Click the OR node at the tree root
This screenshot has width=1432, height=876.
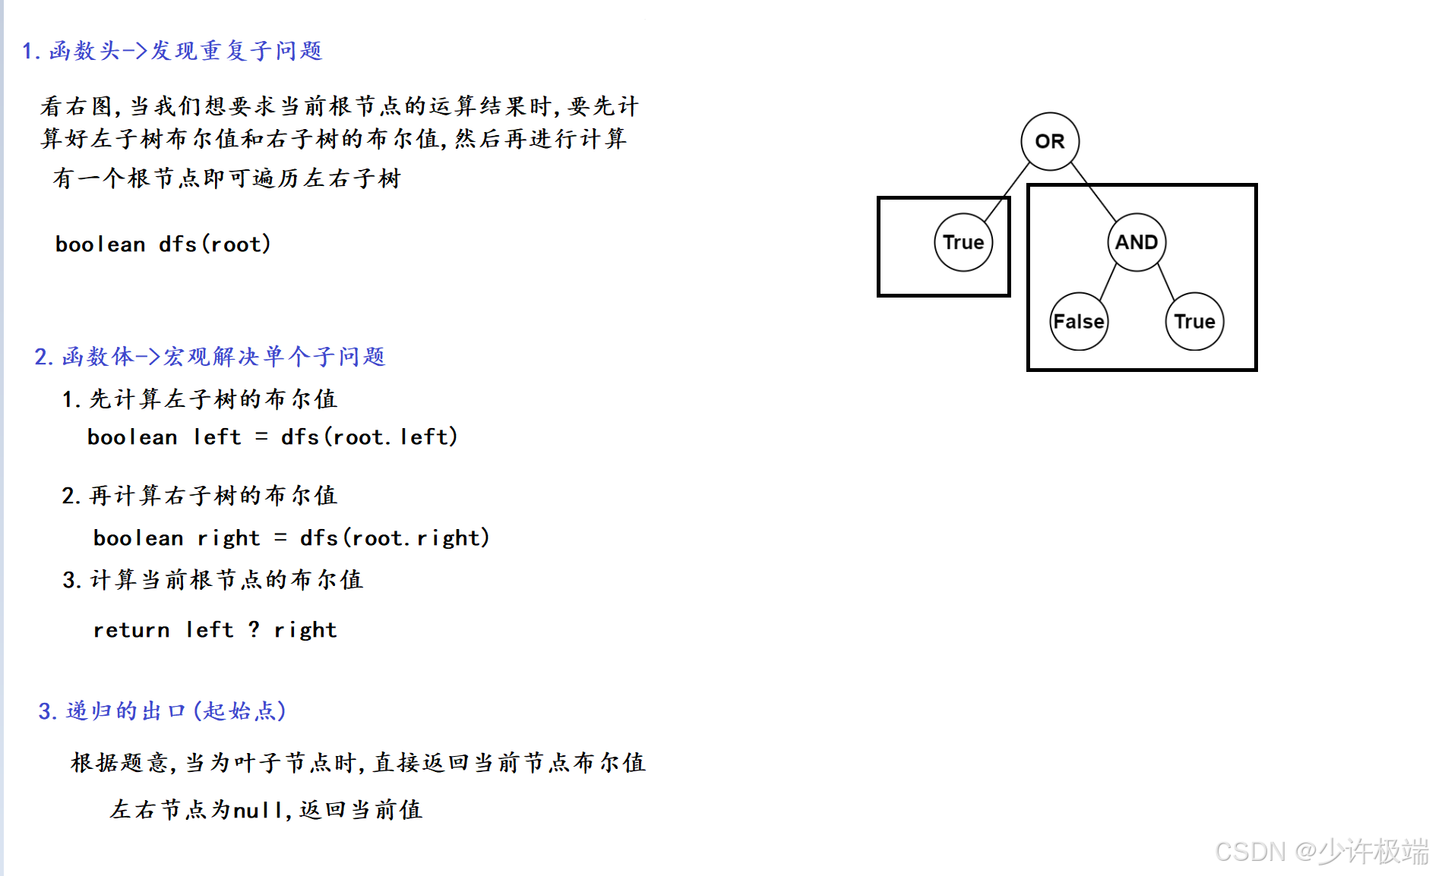[1050, 141]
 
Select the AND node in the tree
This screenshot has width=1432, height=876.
[1136, 242]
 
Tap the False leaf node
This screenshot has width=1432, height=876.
[1079, 321]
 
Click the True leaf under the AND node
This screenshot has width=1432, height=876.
[1194, 321]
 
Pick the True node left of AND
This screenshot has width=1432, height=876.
[963, 242]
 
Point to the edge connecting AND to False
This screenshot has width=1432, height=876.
[1108, 282]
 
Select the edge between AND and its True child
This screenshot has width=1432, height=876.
[1167, 282]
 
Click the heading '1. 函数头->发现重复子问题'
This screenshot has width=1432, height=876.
[172, 51]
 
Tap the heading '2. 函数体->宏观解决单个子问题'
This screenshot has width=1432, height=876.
[210, 357]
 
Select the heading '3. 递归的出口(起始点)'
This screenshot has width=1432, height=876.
[162, 711]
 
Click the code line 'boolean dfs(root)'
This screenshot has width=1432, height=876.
[163, 244]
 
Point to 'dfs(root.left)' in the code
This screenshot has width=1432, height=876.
[369, 437]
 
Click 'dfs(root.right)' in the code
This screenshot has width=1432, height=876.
[394, 538]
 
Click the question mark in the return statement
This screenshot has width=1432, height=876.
[254, 629]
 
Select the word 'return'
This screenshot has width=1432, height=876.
[131, 630]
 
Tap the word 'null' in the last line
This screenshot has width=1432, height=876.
[258, 811]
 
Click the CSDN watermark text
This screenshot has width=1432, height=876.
[1321, 852]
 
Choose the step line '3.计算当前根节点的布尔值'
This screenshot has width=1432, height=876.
[213, 580]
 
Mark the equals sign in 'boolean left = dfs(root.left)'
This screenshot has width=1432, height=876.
[261, 437]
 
